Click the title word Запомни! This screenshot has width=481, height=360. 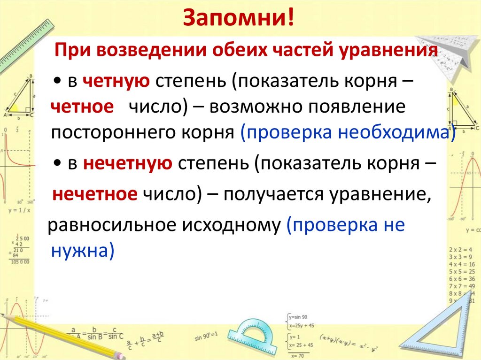pyautogui.click(x=240, y=19)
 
